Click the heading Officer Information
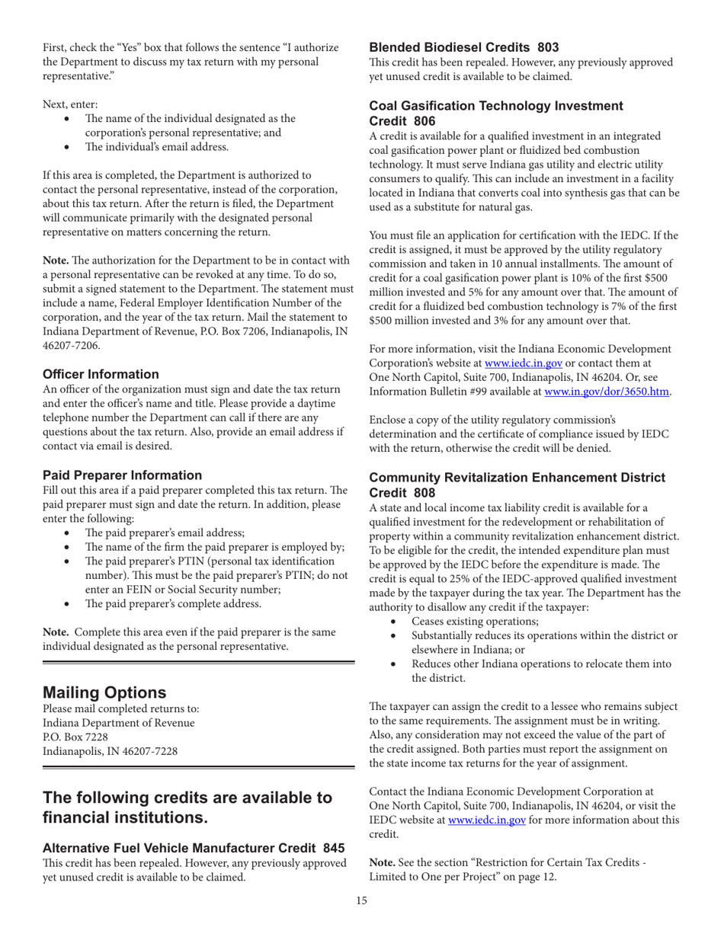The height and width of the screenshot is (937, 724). pos(101,374)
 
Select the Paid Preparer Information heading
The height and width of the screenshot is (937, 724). pos(122,475)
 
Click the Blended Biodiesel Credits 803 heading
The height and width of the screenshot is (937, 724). pos(463,47)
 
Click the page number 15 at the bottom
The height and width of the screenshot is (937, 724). pos(361,901)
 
